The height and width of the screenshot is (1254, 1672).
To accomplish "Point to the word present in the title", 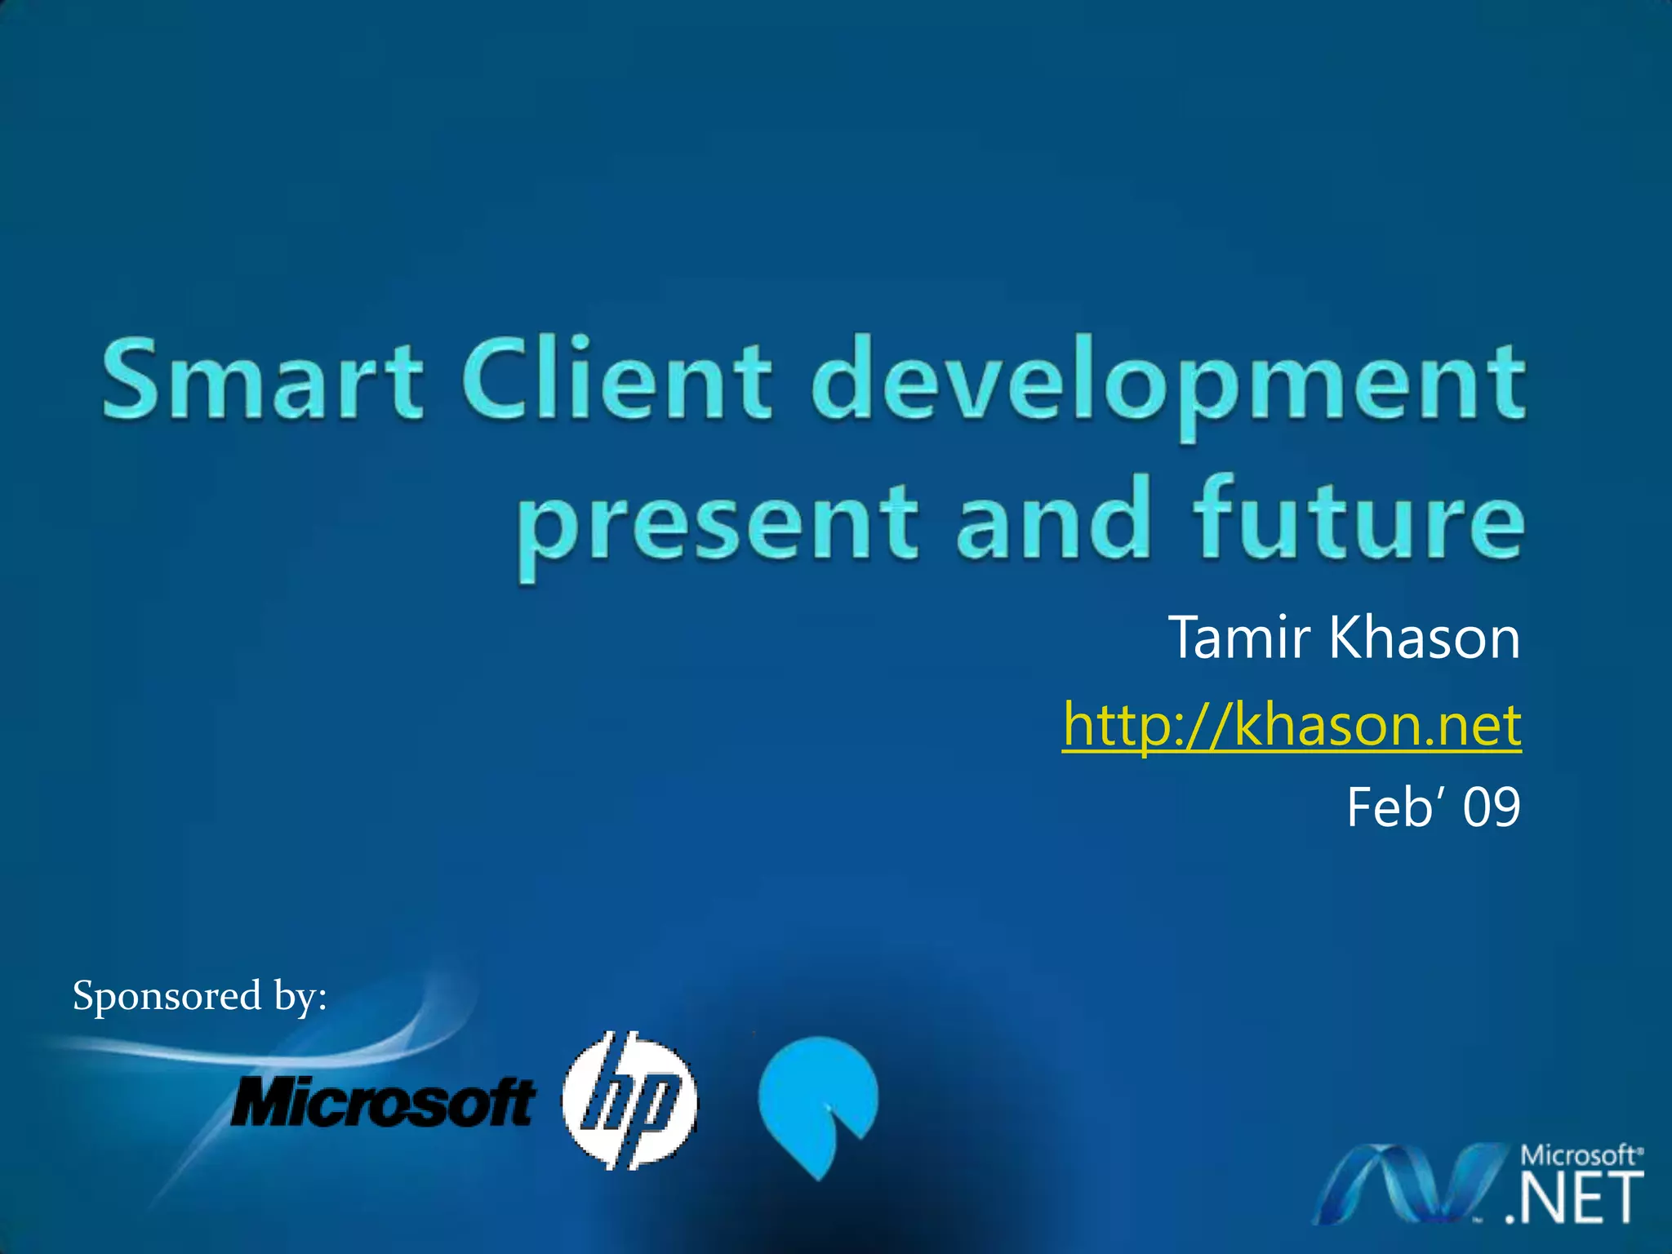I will (x=717, y=522).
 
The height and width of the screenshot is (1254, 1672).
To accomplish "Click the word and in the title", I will (x=1053, y=518).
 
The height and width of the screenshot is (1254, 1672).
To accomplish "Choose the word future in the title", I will (x=1358, y=518).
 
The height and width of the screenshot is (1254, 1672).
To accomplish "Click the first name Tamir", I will (x=1239, y=638).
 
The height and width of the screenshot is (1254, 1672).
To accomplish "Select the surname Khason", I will (x=1425, y=638).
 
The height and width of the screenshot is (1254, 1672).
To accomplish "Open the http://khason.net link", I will (x=1292, y=724).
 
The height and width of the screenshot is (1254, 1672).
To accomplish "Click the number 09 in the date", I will (x=1491, y=807).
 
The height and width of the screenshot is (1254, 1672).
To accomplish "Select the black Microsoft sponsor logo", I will (x=382, y=1101).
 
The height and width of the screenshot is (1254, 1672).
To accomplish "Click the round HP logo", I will (x=629, y=1099).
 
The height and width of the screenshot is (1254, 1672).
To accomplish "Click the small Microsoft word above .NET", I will (x=1577, y=1155).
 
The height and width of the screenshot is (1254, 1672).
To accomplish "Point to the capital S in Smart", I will (x=131, y=380).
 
